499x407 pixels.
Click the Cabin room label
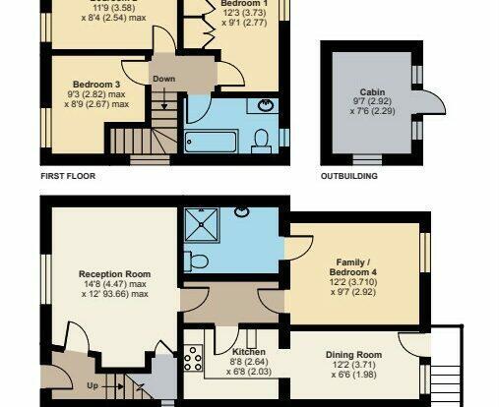click(372, 92)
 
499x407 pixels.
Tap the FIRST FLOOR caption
click(68, 176)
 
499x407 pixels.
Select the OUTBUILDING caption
click(349, 176)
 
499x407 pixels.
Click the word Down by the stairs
click(164, 79)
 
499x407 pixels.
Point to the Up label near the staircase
click(93, 385)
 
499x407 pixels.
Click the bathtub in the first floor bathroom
click(212, 142)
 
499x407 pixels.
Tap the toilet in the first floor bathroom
click(262, 142)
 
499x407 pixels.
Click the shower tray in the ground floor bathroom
click(202, 225)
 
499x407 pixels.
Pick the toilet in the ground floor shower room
click(196, 262)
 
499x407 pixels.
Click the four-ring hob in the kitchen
click(193, 358)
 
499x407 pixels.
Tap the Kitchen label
click(249, 352)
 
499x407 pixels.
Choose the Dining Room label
click(353, 355)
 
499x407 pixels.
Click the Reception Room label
click(115, 274)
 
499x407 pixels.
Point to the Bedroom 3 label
click(96, 85)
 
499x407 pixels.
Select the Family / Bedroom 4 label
click(353, 267)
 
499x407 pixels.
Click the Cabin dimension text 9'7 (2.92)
click(372, 101)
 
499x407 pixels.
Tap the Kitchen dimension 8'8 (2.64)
click(249, 362)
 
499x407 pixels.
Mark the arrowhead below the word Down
click(164, 106)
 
